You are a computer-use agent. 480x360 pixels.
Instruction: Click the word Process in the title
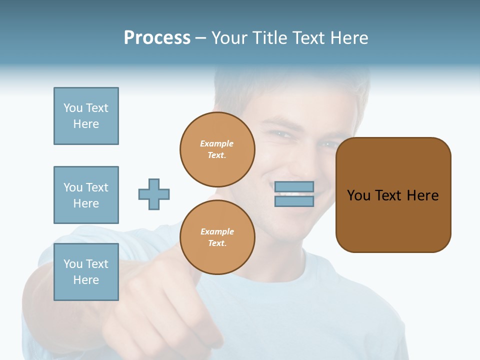coord(157,38)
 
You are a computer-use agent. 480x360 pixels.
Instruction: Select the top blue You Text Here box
coord(86,116)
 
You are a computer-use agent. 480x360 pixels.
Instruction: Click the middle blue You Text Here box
coord(86,195)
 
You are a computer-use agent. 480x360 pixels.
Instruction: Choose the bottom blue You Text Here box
coord(86,272)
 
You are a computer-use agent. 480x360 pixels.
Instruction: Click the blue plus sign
coord(154,194)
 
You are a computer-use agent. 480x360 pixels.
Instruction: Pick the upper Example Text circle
coord(217,149)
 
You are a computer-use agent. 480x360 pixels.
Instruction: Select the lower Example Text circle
coord(217,237)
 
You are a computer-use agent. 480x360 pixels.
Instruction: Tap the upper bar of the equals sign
coord(294,187)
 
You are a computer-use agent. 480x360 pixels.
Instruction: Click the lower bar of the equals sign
coord(294,201)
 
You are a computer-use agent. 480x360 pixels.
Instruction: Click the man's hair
coord(290,90)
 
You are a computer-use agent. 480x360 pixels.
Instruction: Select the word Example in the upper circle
coord(216,143)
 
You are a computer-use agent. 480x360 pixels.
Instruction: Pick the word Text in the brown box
coord(388,195)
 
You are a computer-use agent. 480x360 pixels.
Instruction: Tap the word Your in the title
coord(229,38)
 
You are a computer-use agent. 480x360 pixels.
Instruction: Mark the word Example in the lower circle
coord(217,231)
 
